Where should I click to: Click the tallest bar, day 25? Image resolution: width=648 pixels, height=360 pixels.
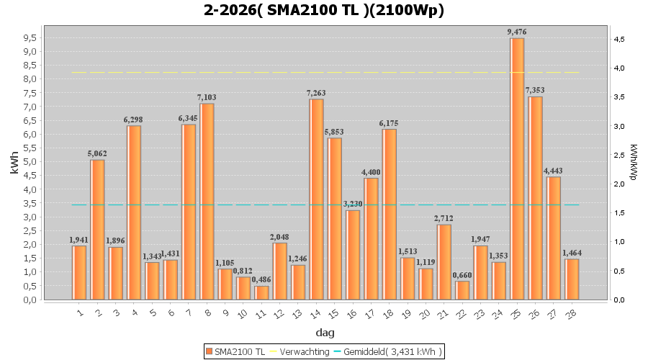click(517, 169)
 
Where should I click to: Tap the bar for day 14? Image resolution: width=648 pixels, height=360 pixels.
click(316, 199)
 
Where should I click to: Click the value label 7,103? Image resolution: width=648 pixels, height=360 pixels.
click(207, 97)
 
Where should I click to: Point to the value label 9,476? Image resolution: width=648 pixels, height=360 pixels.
click(517, 32)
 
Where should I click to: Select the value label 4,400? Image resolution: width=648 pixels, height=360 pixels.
click(371, 171)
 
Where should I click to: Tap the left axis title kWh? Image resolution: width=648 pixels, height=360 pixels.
click(14, 166)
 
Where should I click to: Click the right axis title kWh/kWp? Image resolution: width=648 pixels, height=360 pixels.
click(633, 162)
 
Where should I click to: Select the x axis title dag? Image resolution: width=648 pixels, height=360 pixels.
click(325, 333)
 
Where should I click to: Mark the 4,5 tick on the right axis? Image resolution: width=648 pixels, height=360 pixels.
click(618, 39)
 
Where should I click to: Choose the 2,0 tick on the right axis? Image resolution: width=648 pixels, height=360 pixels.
click(618, 184)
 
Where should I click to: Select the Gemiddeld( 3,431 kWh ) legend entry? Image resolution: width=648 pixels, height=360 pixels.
click(393, 351)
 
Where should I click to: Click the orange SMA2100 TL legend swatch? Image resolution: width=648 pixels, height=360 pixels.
click(209, 351)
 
